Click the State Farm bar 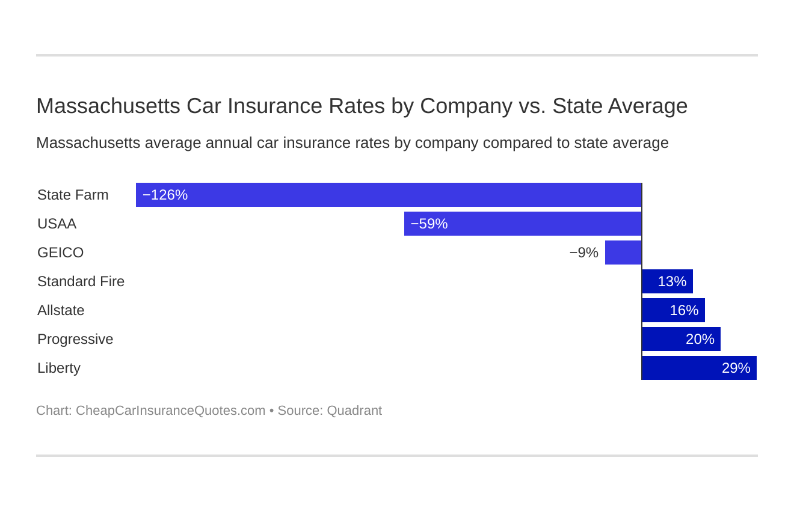click(x=389, y=195)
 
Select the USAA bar click(x=523, y=224)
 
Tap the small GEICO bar click(x=623, y=252)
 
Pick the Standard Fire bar click(x=667, y=281)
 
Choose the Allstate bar click(x=673, y=310)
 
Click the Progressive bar click(x=681, y=339)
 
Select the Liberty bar click(x=699, y=368)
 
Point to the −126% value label click(x=165, y=195)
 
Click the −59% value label click(x=429, y=224)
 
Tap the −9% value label click(x=583, y=252)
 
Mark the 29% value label click(x=736, y=368)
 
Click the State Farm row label click(x=73, y=195)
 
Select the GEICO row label click(x=60, y=252)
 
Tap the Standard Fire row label click(x=81, y=281)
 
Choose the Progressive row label click(x=75, y=339)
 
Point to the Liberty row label click(x=59, y=368)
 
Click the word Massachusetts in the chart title click(x=108, y=106)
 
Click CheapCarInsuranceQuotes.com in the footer click(x=170, y=411)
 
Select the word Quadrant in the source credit click(x=354, y=411)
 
